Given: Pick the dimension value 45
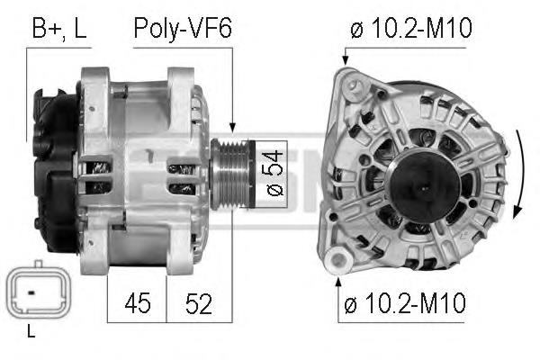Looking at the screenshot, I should click(x=137, y=304).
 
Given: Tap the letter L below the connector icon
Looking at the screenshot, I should click(x=31, y=333).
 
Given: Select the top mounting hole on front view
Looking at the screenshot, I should click(x=355, y=86).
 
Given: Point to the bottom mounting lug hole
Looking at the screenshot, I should click(x=338, y=262).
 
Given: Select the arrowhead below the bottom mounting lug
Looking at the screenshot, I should click(x=338, y=283).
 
